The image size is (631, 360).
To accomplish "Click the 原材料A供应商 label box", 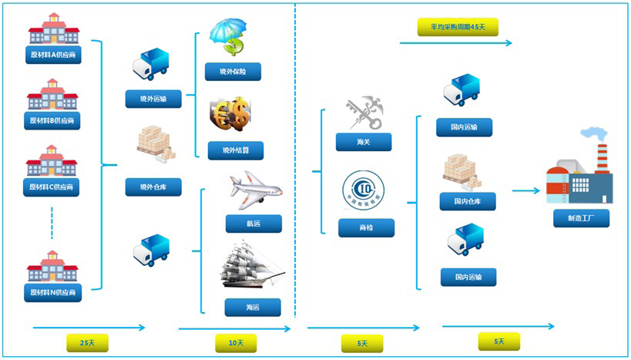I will point(53,56).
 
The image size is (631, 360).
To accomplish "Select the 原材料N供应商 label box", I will point(53,292).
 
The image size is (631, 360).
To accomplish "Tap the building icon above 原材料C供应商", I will point(52,161).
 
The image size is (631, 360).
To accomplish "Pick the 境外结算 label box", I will point(235,150).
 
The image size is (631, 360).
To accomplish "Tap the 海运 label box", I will point(253,307).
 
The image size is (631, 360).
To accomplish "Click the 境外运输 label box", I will point(153,99).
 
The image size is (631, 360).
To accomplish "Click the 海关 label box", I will point(364,142).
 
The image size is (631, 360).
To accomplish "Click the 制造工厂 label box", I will point(581,218).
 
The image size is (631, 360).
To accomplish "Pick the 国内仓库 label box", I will point(468,202).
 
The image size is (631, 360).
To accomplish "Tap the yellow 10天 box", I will point(236,342).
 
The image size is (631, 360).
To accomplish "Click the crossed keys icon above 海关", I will point(361,113).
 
